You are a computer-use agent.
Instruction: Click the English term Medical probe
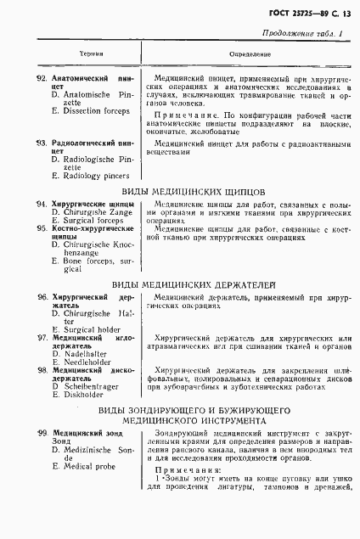point(89,466)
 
